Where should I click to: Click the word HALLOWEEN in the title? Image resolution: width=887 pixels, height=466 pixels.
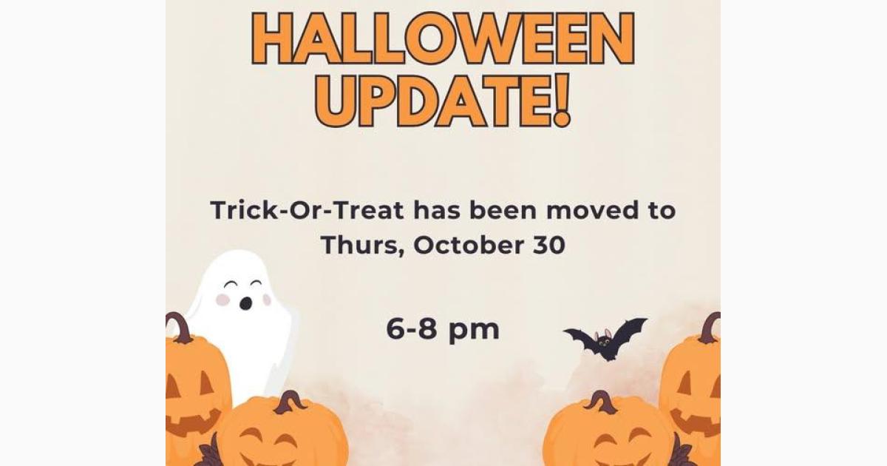tap(443, 38)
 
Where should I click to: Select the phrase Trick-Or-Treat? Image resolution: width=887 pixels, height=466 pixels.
tap(307, 211)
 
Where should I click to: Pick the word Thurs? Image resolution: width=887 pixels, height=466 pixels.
tap(360, 246)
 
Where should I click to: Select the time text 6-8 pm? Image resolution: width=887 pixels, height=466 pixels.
tap(443, 330)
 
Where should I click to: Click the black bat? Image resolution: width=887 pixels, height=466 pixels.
tap(605, 340)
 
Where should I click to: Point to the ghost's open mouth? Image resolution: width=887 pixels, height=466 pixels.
tap(245, 303)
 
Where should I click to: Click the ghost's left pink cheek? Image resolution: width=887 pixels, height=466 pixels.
tap(222, 300)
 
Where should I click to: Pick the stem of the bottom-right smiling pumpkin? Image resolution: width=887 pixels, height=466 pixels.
tap(602, 402)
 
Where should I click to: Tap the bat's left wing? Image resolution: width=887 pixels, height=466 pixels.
tap(580, 338)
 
